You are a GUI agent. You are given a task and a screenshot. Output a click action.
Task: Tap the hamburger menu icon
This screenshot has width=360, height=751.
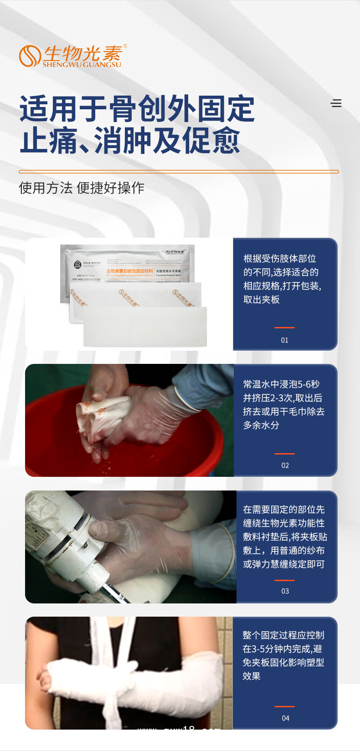point(336,103)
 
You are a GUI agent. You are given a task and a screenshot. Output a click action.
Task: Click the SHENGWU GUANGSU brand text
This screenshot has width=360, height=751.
point(82,65)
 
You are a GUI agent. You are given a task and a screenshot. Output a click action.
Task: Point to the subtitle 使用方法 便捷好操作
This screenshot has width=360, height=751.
point(82,188)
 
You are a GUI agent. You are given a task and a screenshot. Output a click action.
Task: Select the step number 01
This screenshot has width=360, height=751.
point(284,340)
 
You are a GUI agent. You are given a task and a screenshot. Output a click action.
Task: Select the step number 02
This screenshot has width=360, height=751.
point(285,465)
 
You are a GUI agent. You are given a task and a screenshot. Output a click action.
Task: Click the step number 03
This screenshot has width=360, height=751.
point(285,591)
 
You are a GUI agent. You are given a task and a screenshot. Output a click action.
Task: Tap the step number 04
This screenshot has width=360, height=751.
point(285,718)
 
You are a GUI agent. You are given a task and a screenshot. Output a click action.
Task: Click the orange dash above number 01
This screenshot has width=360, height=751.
point(284,327)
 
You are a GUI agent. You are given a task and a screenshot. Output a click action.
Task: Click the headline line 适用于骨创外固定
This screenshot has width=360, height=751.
point(137,109)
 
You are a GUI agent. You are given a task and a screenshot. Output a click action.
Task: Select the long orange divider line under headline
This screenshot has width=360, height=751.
point(179,172)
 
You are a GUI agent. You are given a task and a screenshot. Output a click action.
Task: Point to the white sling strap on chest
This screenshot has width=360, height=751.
point(118,638)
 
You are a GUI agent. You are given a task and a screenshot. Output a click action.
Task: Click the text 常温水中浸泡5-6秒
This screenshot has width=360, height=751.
point(281,384)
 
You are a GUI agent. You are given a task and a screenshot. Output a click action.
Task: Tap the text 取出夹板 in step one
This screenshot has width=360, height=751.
point(261,300)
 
